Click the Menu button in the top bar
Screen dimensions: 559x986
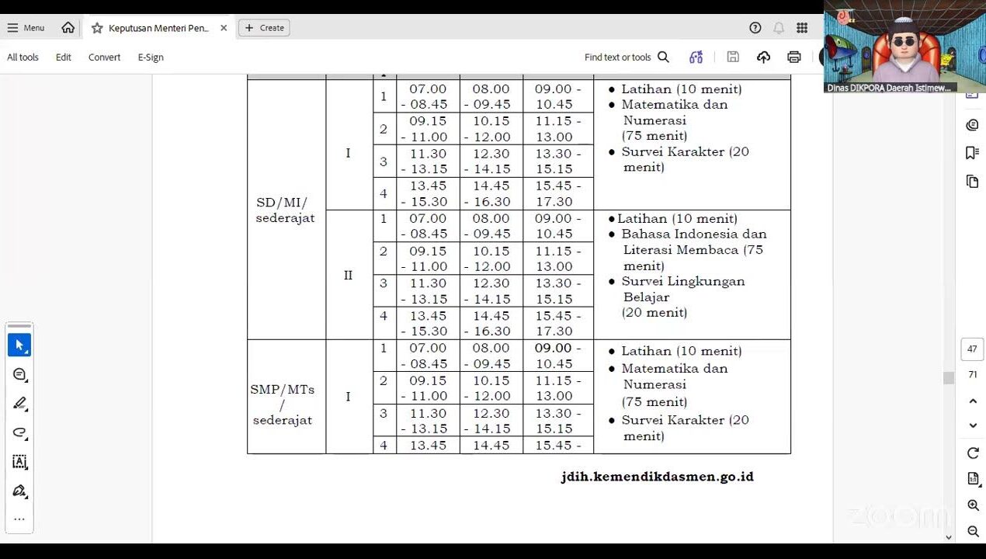26,28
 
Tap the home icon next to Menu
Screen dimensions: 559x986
68,28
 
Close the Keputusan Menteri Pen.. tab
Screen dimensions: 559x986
224,28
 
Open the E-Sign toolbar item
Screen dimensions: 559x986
151,57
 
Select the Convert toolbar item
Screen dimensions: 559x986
104,57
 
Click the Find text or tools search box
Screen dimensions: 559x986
626,57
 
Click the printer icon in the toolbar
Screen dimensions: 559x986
793,57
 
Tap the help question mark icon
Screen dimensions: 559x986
755,28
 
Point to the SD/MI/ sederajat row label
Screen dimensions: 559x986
285,210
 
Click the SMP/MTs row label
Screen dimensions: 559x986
282,390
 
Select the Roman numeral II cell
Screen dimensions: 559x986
348,276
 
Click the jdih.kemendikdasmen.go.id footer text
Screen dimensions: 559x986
657,477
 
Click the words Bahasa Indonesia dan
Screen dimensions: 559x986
693,234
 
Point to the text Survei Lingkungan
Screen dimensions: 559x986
682,281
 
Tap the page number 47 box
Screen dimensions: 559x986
972,349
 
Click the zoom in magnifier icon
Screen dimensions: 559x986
973,505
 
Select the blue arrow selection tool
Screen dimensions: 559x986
19,345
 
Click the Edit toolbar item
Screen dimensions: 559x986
64,57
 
